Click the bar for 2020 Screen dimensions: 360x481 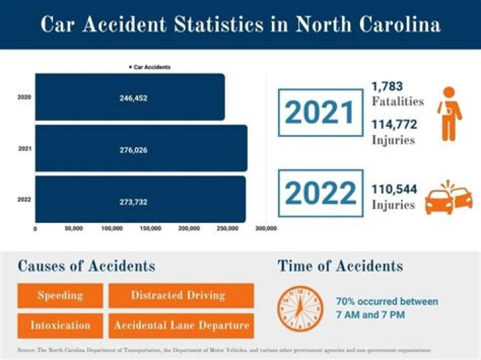(130, 98)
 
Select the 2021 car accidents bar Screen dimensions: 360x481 (141, 148)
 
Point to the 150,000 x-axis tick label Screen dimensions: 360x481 (150, 229)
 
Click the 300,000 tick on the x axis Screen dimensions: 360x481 (266, 229)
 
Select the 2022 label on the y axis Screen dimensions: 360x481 (24, 199)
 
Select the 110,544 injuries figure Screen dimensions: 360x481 (394, 190)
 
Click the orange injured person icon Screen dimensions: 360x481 (449, 113)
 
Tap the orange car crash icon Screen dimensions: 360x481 (449, 195)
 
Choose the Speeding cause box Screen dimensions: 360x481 (60, 295)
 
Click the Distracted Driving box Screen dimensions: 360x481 (181, 295)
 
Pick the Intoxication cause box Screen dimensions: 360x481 (60, 326)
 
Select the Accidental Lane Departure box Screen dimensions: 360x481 (181, 326)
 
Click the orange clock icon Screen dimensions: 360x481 (300, 309)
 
